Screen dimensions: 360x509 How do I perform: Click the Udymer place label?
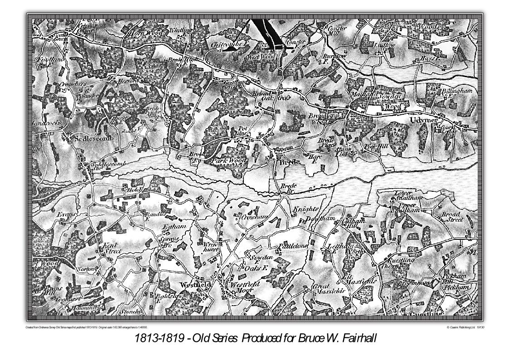tap(423, 120)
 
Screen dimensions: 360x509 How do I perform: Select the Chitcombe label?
tap(228, 44)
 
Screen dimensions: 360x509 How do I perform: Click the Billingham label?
tap(456, 91)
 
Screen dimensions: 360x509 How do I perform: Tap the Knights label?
tap(306, 209)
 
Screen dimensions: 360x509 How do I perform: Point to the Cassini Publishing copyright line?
tap(465, 327)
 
